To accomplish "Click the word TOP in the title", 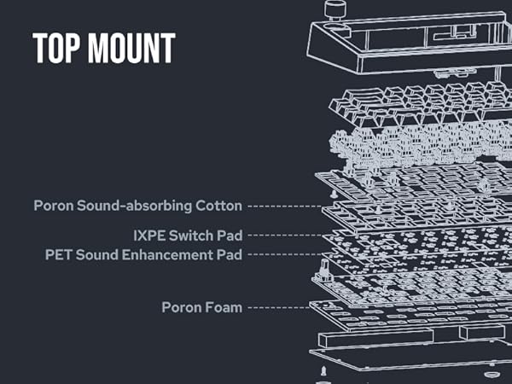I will click(x=55, y=49).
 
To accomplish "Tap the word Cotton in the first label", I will click(x=219, y=206).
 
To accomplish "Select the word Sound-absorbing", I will click(x=135, y=206).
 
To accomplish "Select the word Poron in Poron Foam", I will click(x=182, y=306).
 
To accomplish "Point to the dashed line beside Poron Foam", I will click(x=277, y=306).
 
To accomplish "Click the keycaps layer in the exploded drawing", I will click(x=410, y=103).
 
